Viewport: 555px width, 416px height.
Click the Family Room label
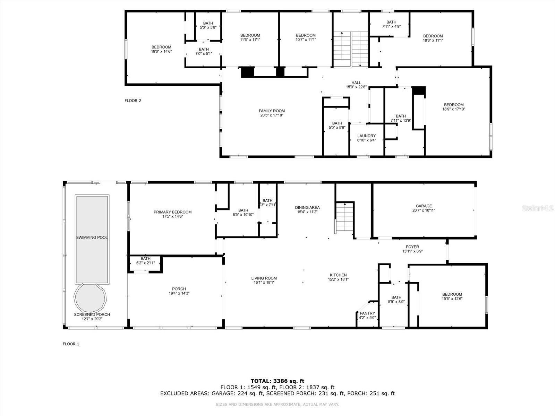272,111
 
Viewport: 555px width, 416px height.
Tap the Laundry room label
366,136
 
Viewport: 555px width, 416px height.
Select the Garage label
424,206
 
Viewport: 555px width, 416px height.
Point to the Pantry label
367,313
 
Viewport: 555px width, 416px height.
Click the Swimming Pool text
92,237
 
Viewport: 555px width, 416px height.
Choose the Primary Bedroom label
172,212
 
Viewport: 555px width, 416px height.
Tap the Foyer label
412,247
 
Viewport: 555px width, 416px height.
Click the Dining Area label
307,208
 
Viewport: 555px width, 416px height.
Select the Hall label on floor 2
356,83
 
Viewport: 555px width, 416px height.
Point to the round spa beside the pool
90,298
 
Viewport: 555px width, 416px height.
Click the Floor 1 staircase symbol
344,216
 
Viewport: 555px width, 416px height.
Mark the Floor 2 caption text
133,101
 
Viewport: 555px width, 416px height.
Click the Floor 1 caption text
71,344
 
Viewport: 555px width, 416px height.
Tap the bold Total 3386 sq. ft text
277,381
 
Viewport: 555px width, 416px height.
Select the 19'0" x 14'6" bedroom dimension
161,52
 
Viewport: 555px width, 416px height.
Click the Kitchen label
338,275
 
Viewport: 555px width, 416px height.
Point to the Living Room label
264,278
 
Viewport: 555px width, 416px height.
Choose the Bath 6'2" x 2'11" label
145,261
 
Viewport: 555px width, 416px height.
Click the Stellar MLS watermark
538,208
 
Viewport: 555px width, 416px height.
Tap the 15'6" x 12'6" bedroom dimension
452,298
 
